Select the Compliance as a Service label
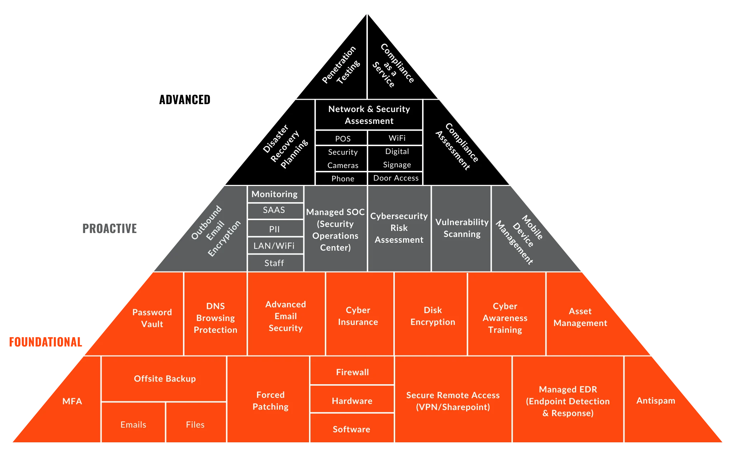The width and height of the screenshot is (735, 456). pyautogui.click(x=393, y=65)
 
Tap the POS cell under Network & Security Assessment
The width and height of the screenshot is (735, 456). pyautogui.click(x=342, y=139)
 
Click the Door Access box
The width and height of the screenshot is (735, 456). pyautogui.click(x=395, y=178)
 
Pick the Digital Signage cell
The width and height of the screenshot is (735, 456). pyautogui.click(x=397, y=158)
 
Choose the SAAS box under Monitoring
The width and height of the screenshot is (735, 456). pyautogui.click(x=274, y=210)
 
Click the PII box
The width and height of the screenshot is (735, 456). pyautogui.click(x=274, y=229)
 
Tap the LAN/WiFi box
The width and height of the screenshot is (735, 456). pyautogui.click(x=274, y=246)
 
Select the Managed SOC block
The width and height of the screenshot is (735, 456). pyautogui.click(x=335, y=230)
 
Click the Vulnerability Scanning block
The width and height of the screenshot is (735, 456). pyautogui.click(x=462, y=228)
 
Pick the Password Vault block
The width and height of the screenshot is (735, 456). pyautogui.click(x=152, y=318)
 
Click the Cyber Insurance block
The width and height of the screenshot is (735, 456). pyautogui.click(x=358, y=316)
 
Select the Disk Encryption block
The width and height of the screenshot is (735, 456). pyautogui.click(x=432, y=316)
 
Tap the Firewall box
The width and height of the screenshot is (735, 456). pyautogui.click(x=352, y=372)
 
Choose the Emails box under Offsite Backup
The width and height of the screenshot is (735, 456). pyautogui.click(x=133, y=425)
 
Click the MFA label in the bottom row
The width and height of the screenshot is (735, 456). pyautogui.click(x=72, y=401)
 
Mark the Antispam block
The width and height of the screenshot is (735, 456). pyautogui.click(x=656, y=401)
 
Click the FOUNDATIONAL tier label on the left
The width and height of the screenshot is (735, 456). pyautogui.click(x=46, y=342)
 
